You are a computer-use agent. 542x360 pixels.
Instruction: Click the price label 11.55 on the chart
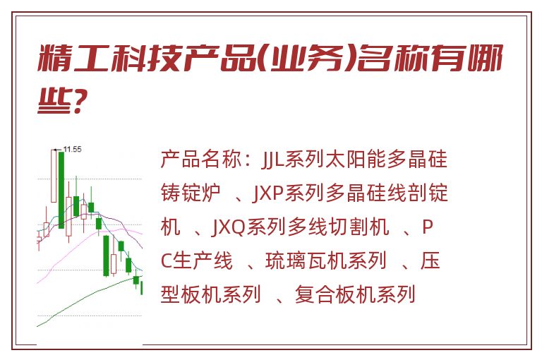[73, 150]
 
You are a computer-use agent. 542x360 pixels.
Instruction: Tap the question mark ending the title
[79, 101]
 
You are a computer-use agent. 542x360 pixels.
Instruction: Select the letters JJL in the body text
[272, 159]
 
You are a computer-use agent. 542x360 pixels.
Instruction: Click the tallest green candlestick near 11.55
[61, 189]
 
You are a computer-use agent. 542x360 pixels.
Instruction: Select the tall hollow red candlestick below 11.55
[54, 176]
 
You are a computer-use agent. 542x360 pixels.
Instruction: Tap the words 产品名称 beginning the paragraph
[201, 159]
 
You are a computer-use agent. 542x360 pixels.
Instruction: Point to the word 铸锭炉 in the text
[191, 193]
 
